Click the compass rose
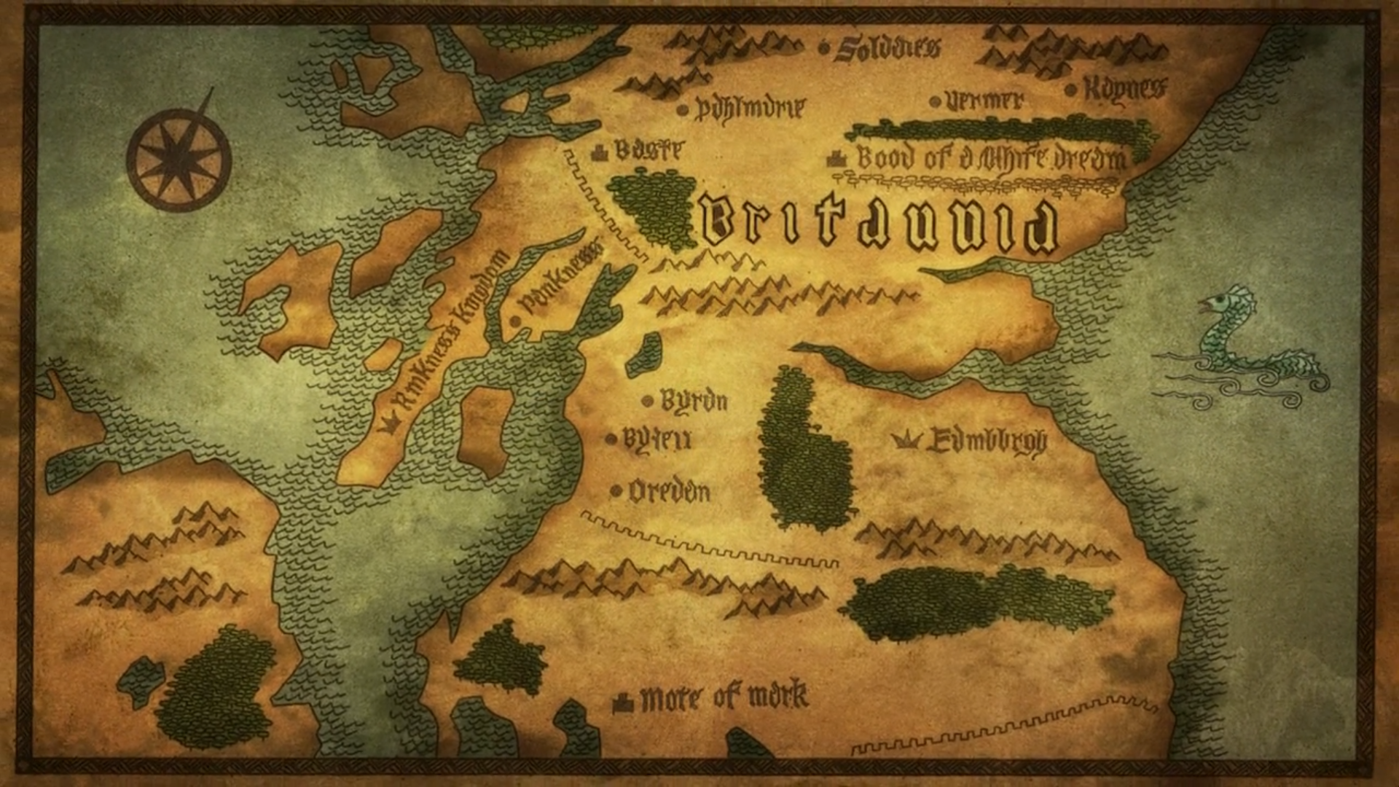179,159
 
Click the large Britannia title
879,224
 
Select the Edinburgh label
987,440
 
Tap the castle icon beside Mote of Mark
622,702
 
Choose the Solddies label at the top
887,48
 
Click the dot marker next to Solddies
824,49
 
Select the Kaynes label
1124,89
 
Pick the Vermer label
984,101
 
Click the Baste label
648,150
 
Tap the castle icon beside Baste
600,152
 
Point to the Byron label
693,401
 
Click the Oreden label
669,492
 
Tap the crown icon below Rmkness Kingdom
391,424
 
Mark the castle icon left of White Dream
836,158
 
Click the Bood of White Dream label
991,158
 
